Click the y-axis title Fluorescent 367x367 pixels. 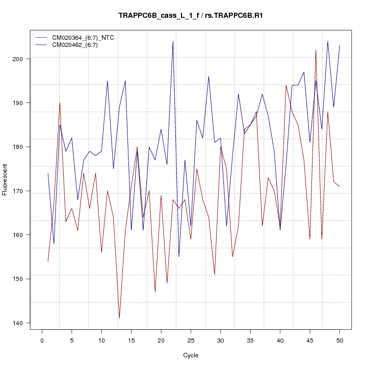(5, 179)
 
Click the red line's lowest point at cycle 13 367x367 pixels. (119, 318)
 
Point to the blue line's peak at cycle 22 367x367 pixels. (173, 41)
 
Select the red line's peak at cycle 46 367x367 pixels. (316, 50)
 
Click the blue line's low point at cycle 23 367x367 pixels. (179, 256)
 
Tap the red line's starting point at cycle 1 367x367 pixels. (48, 261)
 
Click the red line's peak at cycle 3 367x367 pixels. (60, 103)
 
